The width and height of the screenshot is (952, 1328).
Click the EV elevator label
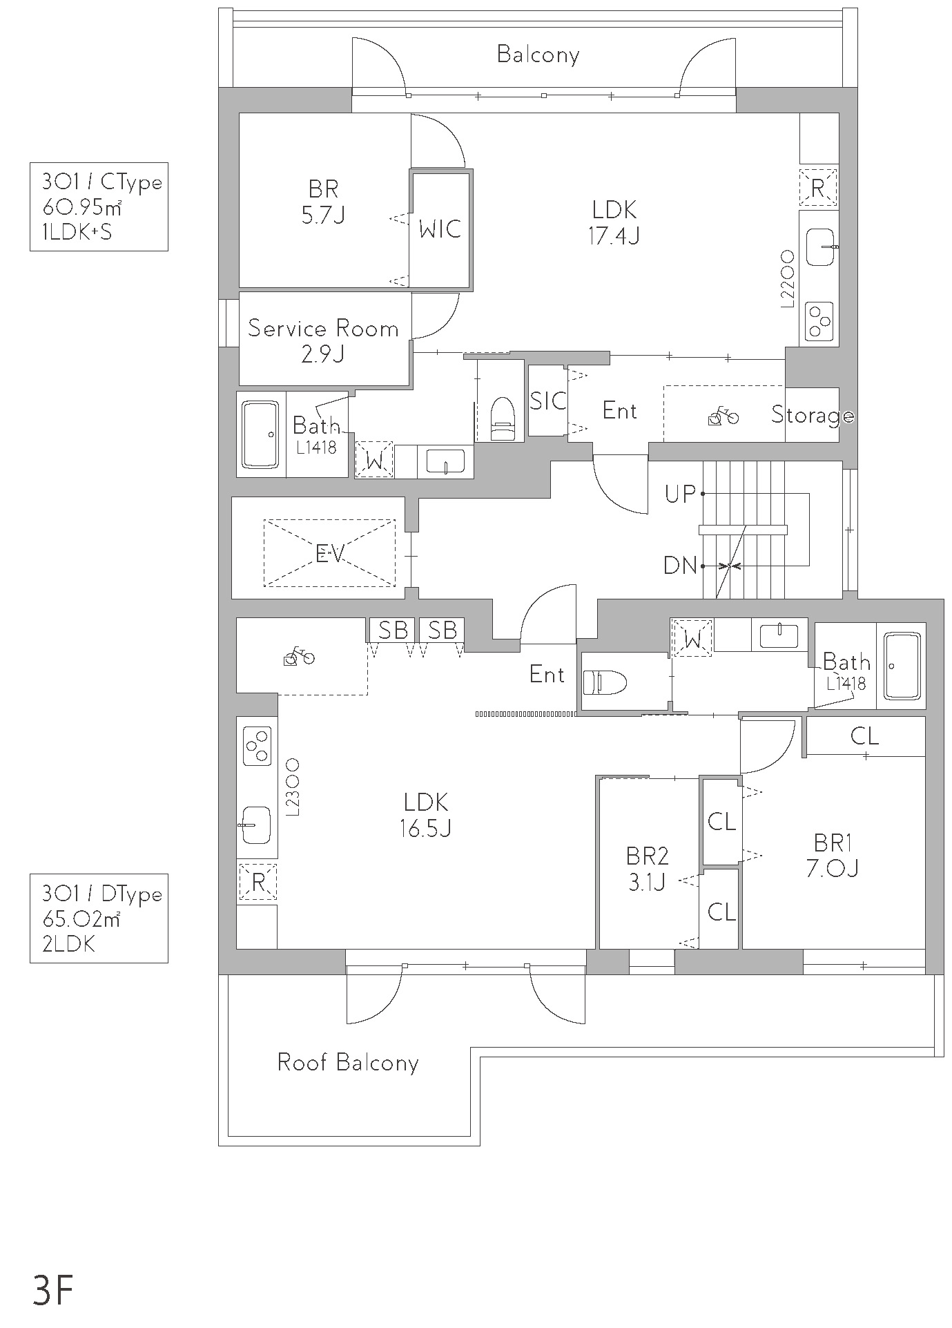329,553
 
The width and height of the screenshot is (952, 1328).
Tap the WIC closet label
440,229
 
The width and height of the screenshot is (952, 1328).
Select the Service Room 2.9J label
323,340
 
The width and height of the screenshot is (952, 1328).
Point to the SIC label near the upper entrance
548,401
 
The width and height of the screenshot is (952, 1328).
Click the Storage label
813,415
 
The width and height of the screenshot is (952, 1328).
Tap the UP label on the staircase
681,494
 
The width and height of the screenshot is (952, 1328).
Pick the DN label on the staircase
681,566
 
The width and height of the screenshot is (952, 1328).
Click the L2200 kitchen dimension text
787,278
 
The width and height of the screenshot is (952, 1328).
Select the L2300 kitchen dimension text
292,788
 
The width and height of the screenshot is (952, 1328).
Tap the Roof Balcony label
348,1062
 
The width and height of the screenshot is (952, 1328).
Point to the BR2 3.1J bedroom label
647,869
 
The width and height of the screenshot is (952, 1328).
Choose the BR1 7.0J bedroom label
832,855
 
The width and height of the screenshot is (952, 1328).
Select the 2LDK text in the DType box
68,944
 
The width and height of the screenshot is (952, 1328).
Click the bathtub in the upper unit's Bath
260,434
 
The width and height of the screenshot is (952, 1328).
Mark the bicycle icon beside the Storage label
723,417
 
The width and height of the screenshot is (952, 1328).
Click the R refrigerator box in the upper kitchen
818,187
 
